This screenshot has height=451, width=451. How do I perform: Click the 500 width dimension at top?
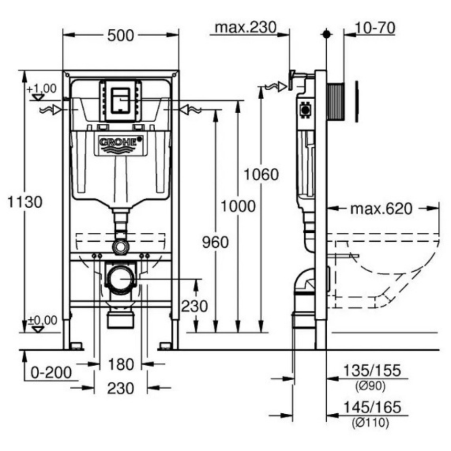pyautogui.click(x=121, y=36)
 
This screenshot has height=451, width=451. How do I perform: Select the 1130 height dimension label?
pyautogui.click(x=25, y=201)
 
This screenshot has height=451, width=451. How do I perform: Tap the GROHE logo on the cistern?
pyautogui.click(x=121, y=142)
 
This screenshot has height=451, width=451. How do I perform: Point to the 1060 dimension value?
pyautogui.click(x=261, y=174)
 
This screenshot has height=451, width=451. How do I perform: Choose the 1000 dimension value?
pyautogui.click(x=238, y=206)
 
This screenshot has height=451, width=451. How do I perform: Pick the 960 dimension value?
pyautogui.click(x=216, y=242)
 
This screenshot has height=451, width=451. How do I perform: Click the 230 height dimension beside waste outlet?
pyautogui.click(x=195, y=306)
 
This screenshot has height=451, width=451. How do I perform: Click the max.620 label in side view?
pyautogui.click(x=381, y=209)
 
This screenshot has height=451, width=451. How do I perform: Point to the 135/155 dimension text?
pyautogui.click(x=372, y=371)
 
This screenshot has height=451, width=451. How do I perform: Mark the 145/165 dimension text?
pyautogui.click(x=372, y=407)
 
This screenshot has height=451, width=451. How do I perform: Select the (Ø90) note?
pyautogui.click(x=371, y=386)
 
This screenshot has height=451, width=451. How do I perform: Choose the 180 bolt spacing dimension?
pyautogui.click(x=121, y=364)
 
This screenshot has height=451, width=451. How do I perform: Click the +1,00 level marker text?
pyautogui.click(x=41, y=88)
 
